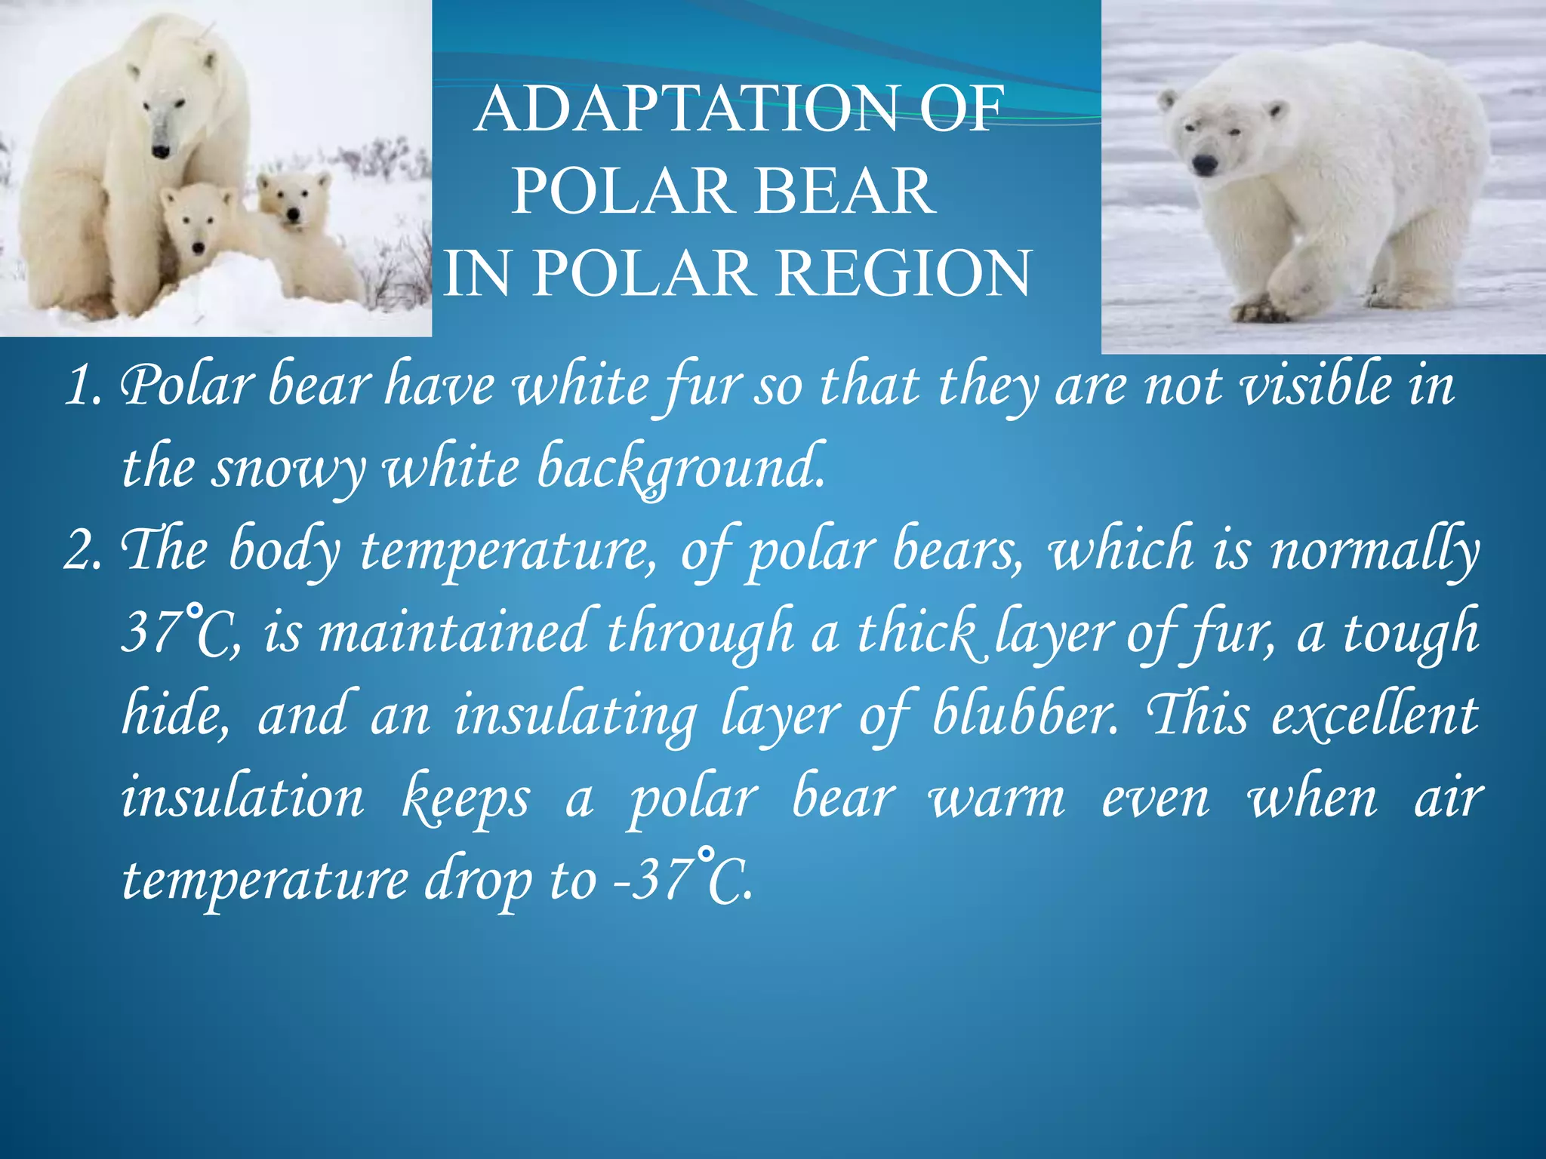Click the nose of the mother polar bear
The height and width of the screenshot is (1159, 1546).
(161, 152)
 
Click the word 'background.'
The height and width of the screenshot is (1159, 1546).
(680, 468)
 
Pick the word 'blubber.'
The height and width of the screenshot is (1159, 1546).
(1026, 714)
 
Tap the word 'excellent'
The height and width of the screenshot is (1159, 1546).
(1375, 714)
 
